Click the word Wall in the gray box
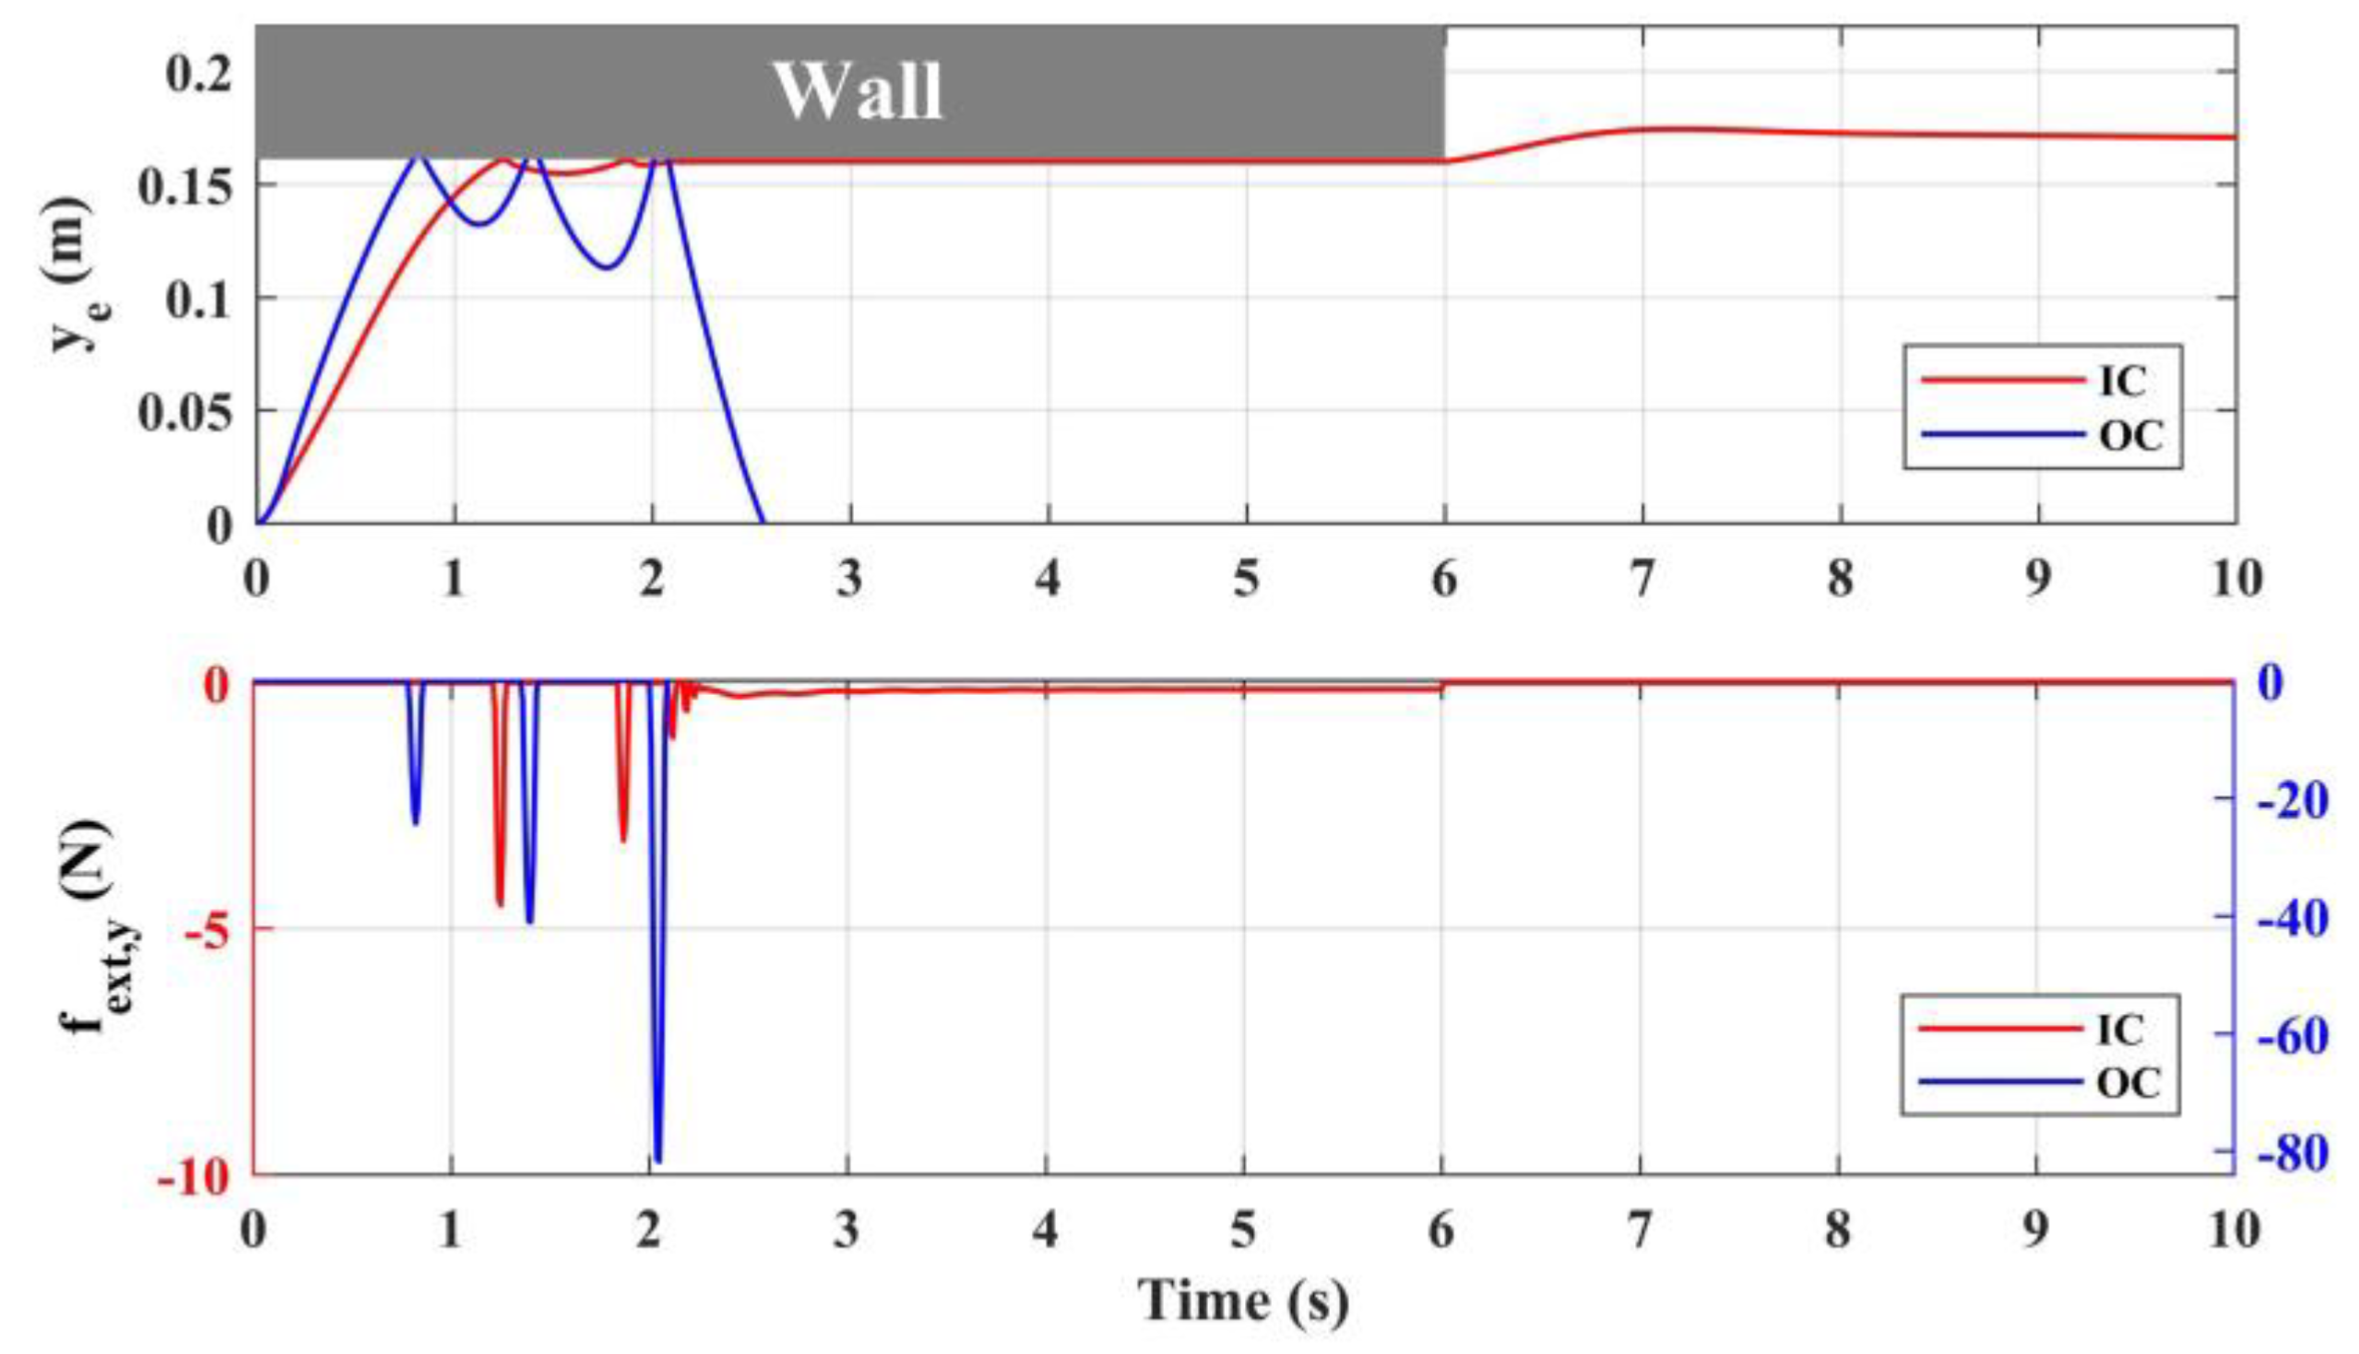[858, 91]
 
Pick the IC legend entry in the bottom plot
[2121, 1029]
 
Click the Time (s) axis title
[1243, 1300]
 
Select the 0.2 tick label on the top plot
[198, 73]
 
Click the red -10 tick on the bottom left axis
[194, 1178]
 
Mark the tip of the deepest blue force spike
[658, 1160]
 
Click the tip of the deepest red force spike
[500, 904]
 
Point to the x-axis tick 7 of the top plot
[1642, 580]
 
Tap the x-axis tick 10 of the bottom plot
[2234, 1231]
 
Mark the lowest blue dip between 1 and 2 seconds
[608, 269]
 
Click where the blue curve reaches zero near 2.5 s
[764, 522]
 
